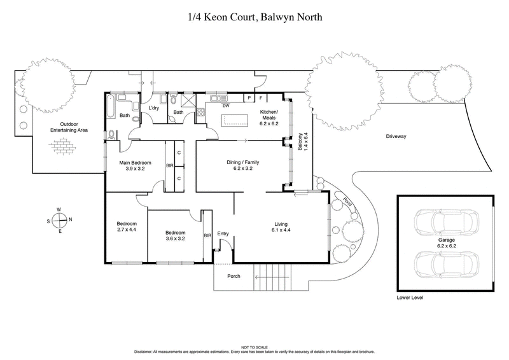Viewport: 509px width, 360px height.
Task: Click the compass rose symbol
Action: pyautogui.click(x=59, y=220)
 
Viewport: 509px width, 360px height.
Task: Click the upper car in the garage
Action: pyautogui.click(x=443, y=223)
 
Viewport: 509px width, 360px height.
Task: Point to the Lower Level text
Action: pyautogui.click(x=410, y=297)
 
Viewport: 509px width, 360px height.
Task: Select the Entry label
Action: pyautogui.click(x=223, y=233)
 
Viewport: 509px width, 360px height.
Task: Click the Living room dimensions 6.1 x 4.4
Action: pyautogui.click(x=281, y=232)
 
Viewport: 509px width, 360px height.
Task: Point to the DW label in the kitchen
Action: pyautogui.click(x=225, y=106)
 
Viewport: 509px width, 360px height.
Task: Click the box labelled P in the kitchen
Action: pyautogui.click(x=249, y=98)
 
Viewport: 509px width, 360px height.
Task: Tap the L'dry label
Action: pyautogui.click(x=153, y=108)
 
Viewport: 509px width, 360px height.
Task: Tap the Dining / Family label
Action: pyautogui.click(x=242, y=162)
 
